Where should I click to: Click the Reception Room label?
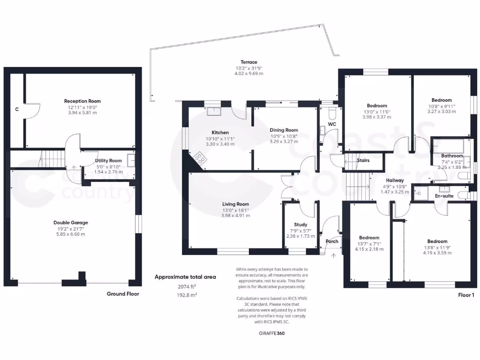point(82,101)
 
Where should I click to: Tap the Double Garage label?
point(70,223)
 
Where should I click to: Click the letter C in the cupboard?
point(17,109)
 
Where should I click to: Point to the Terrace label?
point(249,62)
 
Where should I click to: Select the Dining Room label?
point(284,130)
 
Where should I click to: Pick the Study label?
point(300,225)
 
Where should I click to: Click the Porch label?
point(332,241)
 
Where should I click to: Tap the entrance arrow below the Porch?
point(334,256)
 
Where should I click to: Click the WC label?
point(332,124)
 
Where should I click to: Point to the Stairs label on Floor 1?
point(363,160)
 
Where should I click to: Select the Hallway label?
point(395,180)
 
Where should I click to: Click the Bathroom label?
point(452,156)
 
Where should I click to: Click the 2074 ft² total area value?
point(187,286)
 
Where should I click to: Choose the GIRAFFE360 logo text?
point(271,334)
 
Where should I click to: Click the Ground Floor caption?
point(122,294)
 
